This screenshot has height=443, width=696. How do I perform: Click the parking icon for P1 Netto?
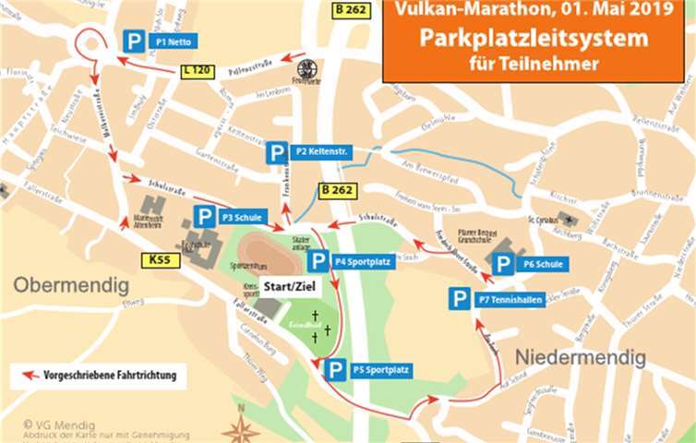coord(135,41)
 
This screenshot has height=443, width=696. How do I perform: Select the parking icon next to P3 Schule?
coord(205,217)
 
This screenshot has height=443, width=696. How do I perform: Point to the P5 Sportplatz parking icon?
coord(335,370)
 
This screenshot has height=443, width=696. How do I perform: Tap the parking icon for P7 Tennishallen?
coord(459,299)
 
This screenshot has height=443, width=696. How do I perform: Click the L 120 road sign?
coord(198,69)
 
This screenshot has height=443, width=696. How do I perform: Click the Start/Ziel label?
coord(283,286)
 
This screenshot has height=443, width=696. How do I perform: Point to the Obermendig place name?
coord(70,286)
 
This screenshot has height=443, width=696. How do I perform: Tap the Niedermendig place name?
coord(567,355)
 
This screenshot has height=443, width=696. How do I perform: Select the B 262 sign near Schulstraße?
coord(336,190)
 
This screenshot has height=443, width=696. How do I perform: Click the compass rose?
coord(240,428)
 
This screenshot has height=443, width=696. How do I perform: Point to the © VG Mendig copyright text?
coord(58,425)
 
